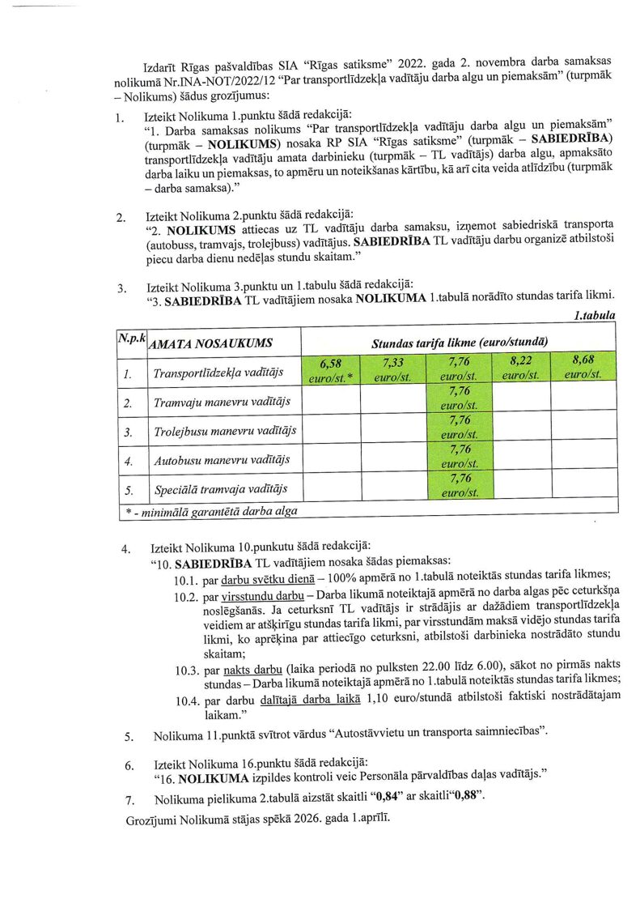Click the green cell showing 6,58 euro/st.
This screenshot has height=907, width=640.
[330, 369]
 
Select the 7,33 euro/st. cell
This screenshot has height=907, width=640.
[393, 369]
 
